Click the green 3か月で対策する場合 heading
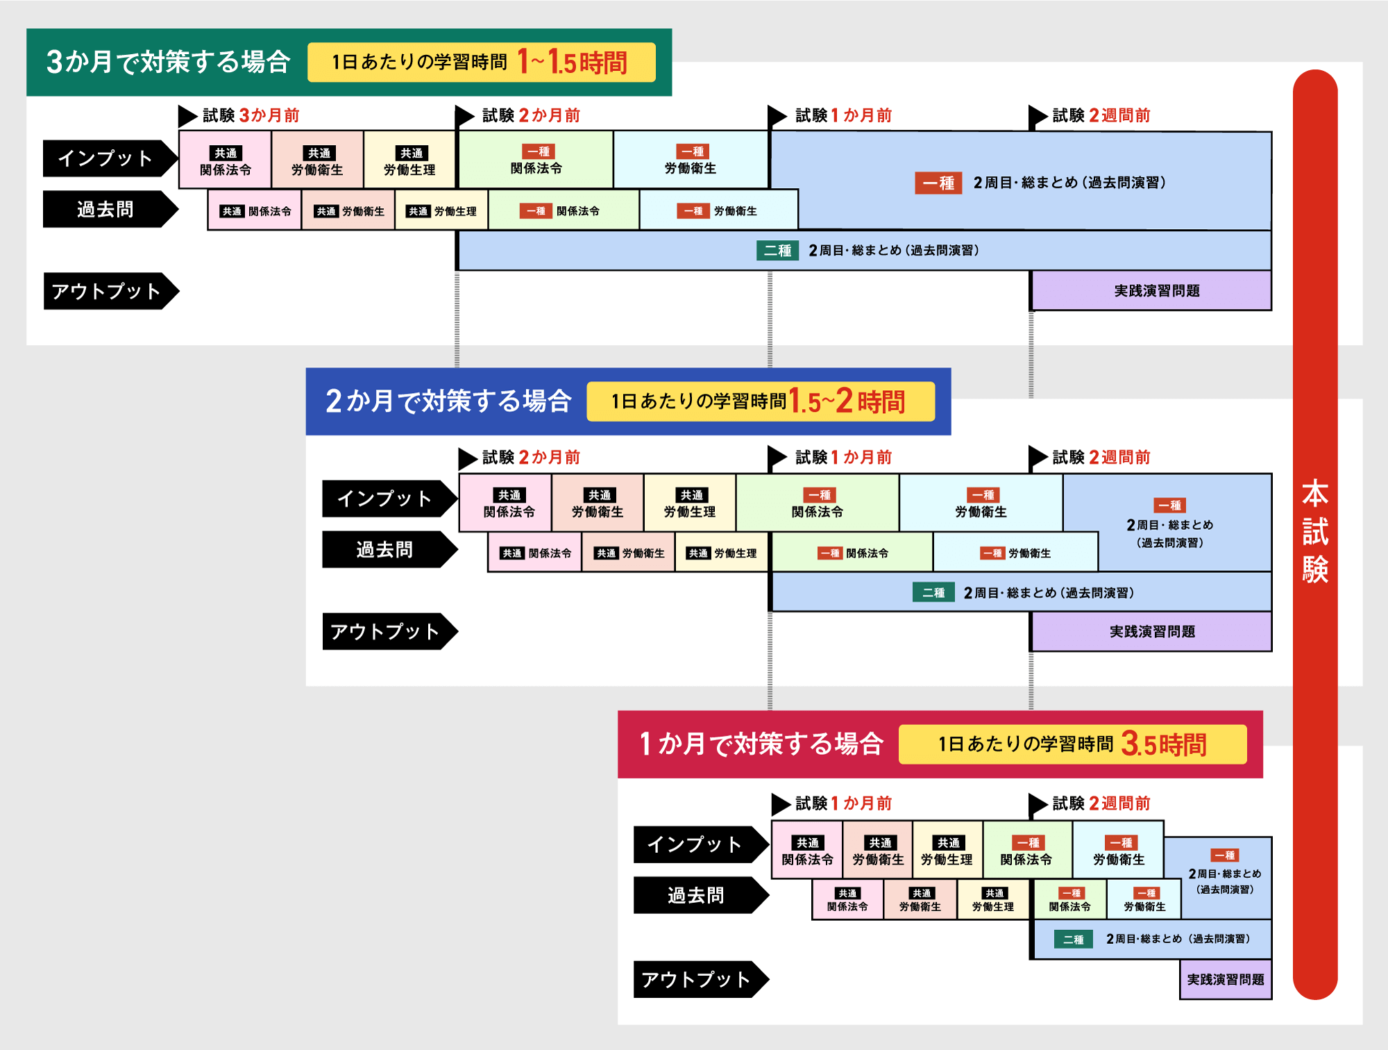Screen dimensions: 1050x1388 [x=168, y=62]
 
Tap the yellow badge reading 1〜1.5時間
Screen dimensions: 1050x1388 [x=481, y=62]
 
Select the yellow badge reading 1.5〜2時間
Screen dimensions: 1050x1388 [x=761, y=401]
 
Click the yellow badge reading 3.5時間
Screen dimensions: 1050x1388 [x=1072, y=744]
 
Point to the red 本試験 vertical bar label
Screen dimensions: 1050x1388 [x=1314, y=531]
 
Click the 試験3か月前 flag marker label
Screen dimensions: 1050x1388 [x=250, y=115]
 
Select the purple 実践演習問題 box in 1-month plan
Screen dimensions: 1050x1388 [x=1226, y=979]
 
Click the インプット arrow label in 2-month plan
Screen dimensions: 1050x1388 [x=385, y=499]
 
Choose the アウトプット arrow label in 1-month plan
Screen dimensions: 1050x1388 [x=696, y=979]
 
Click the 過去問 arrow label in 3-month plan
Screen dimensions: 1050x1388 [x=105, y=209]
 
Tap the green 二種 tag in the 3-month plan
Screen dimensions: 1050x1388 [x=777, y=251]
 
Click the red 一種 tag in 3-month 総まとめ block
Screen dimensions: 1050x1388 [x=938, y=183]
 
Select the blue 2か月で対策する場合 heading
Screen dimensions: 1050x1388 [x=448, y=401]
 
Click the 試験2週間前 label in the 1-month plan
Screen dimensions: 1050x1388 [x=1101, y=803]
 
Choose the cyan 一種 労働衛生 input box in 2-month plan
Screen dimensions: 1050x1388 [x=981, y=503]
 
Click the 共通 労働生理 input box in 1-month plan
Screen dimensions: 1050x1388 [x=947, y=851]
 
